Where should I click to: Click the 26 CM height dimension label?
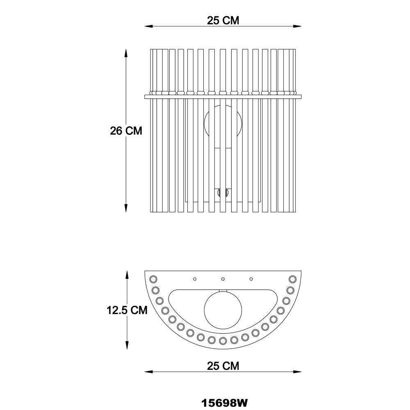pyautogui.click(x=126, y=131)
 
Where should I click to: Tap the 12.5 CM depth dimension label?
pyautogui.click(x=127, y=310)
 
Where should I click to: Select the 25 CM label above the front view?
pyautogui.click(x=223, y=20)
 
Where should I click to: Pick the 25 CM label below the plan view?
pyautogui.click(x=223, y=366)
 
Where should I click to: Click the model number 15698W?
pyautogui.click(x=224, y=403)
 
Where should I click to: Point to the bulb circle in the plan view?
pyautogui.click(x=223, y=310)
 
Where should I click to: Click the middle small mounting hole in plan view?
pyautogui.click(x=223, y=279)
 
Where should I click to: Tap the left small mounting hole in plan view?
pyautogui.click(x=194, y=279)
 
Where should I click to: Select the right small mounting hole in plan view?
pyautogui.click(x=251, y=279)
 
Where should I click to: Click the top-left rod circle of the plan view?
pyautogui.click(x=153, y=279)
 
